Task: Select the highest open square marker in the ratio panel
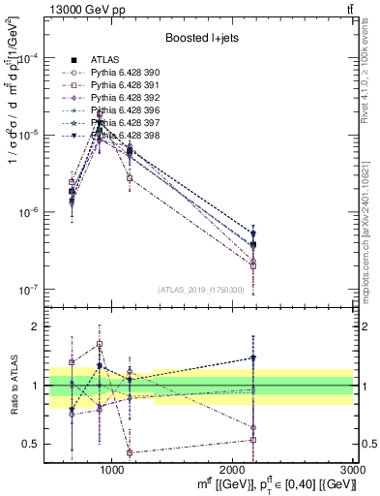click(100, 343)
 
